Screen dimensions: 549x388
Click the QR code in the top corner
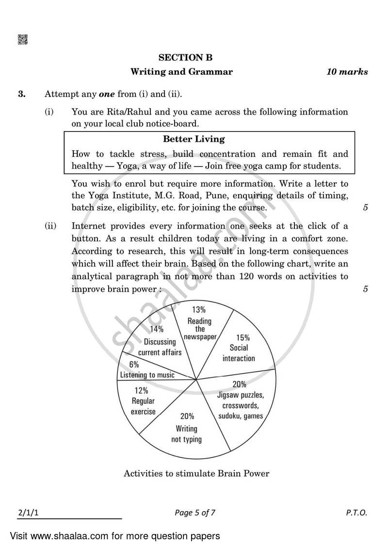[23, 40]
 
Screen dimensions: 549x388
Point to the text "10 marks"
[347, 72]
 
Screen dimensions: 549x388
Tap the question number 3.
[22, 94]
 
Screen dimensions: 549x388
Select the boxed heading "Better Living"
[194, 139]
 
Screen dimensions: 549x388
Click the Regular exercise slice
[143, 401]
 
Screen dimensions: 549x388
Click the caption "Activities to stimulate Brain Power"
[196, 473]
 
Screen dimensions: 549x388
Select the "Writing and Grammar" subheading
[181, 72]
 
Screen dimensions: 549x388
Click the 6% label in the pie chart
[134, 364]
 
